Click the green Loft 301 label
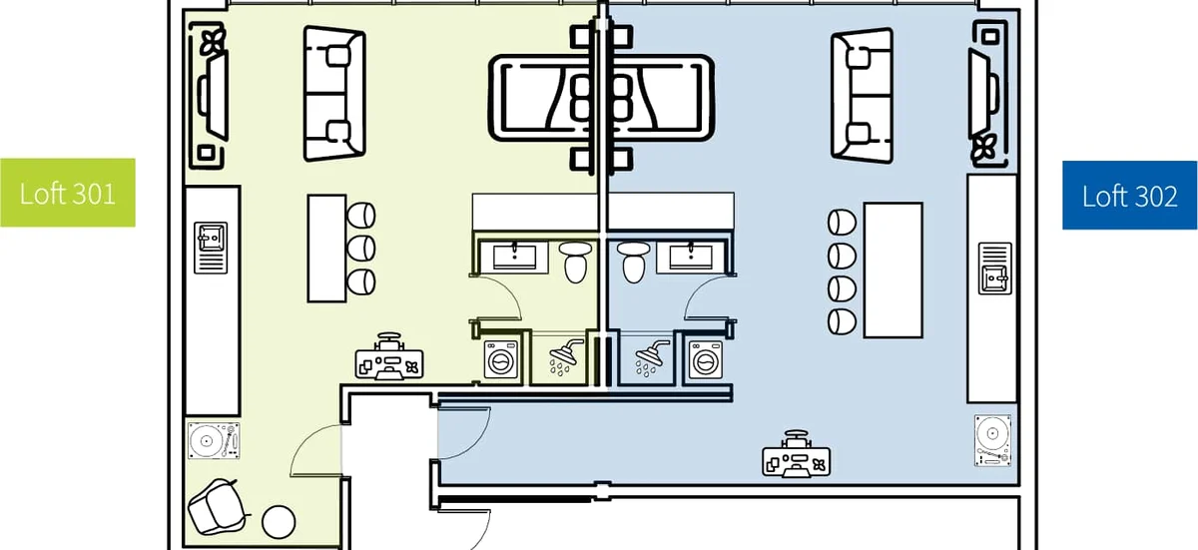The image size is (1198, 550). pyautogui.click(x=68, y=193)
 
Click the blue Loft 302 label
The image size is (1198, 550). pyautogui.click(x=1129, y=195)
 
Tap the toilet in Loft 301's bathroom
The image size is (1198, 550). pyautogui.click(x=575, y=262)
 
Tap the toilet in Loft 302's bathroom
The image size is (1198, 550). pyautogui.click(x=634, y=262)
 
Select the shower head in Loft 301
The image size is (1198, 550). pyautogui.click(x=565, y=356)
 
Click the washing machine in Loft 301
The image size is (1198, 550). pyautogui.click(x=501, y=359)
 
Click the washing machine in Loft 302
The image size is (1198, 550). pyautogui.click(x=706, y=359)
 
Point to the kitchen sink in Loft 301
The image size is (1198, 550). pyautogui.click(x=211, y=248)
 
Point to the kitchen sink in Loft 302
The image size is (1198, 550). pyautogui.click(x=994, y=269)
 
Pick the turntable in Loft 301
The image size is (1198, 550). pyautogui.click(x=214, y=441)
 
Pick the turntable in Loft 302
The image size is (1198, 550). pyautogui.click(x=992, y=440)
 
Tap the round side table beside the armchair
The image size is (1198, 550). pyautogui.click(x=279, y=522)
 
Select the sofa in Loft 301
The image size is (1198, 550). pyautogui.click(x=334, y=94)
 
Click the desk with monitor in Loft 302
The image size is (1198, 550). pyautogui.click(x=797, y=454)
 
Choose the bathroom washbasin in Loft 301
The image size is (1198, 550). pyautogui.click(x=514, y=258)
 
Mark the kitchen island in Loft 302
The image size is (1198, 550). pyautogui.click(x=894, y=270)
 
